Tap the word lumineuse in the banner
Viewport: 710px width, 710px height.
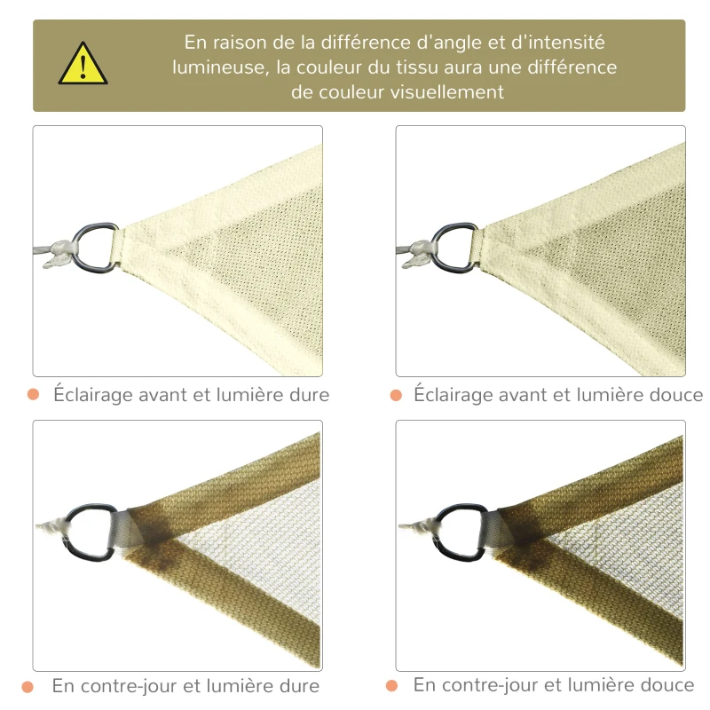pyautogui.click(x=218, y=67)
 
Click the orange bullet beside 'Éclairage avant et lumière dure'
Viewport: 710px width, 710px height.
pyautogui.click(x=34, y=394)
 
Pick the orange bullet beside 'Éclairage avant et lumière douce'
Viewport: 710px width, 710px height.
pyautogui.click(x=395, y=394)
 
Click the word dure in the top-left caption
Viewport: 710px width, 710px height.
pyautogui.click(x=307, y=394)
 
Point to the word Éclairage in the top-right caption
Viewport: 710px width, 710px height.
pyautogui.click(x=454, y=394)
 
